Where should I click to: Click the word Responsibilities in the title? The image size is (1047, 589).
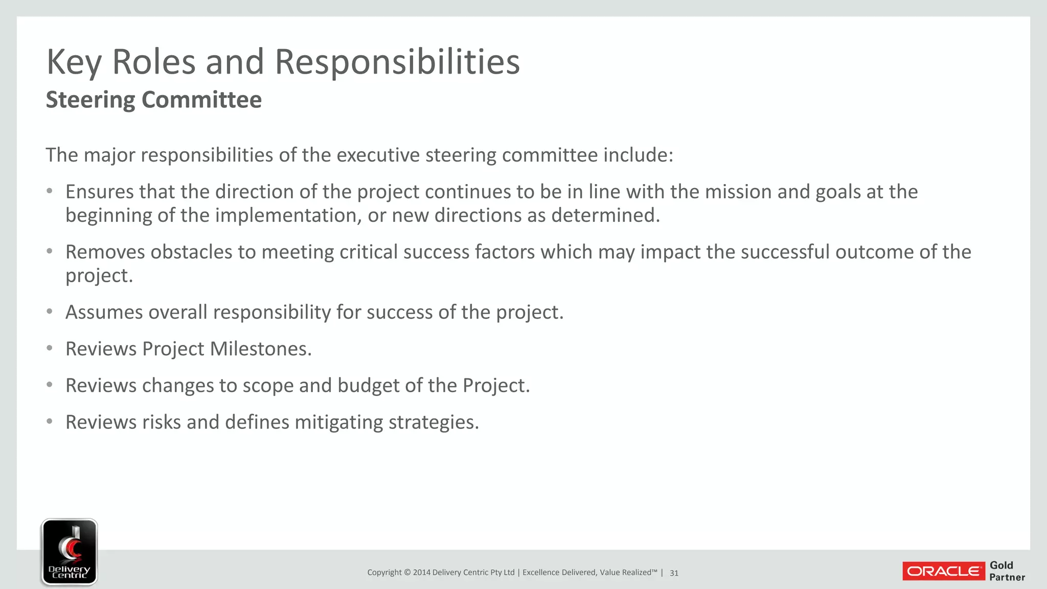[397, 62]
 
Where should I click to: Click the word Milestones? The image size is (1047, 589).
[261, 349]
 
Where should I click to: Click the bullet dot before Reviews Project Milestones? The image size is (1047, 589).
[50, 349]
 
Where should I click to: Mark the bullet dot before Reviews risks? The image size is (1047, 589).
[50, 422]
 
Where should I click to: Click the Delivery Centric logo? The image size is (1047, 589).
[70, 552]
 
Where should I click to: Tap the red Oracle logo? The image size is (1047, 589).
[943, 571]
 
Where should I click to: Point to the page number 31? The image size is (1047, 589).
[674, 573]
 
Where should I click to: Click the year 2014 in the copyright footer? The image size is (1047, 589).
[422, 573]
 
